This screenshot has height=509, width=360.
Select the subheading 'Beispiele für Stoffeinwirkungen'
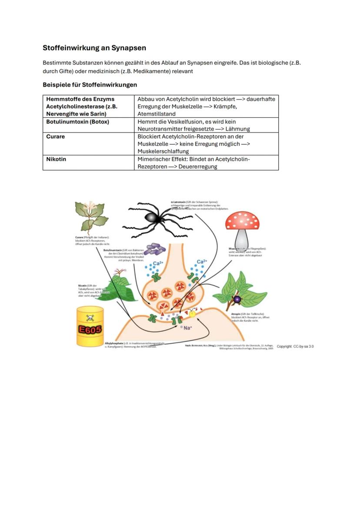click(90, 84)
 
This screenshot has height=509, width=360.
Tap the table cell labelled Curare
click(56, 136)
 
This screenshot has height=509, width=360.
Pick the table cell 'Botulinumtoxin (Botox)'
click(77, 122)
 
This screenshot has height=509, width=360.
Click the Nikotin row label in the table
click(56, 159)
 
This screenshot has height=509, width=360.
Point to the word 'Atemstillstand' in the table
click(157, 114)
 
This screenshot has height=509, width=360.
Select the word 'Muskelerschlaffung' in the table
click(163, 151)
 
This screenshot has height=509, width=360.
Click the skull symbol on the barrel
click(90, 318)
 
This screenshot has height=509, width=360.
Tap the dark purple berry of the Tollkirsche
click(237, 299)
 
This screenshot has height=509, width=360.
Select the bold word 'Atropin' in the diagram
click(236, 313)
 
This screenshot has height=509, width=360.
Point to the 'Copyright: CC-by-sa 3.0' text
click(295, 346)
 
